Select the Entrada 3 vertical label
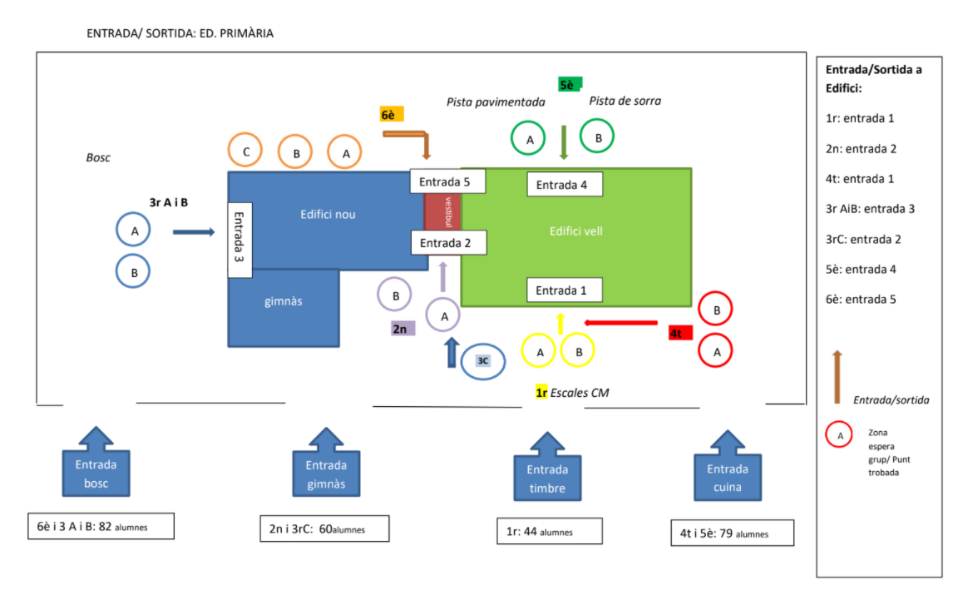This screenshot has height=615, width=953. point(239,240)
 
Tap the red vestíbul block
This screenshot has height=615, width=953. point(443,212)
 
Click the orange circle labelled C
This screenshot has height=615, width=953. point(245,151)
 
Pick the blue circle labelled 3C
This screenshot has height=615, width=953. point(483,361)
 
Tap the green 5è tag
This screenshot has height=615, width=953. point(569,84)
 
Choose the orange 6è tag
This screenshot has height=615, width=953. point(392,114)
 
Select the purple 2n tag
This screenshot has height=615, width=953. point(402,329)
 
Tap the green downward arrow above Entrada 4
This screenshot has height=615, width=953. point(564,141)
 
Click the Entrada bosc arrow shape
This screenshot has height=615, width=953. point(96,466)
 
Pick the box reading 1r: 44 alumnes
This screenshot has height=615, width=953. point(549,532)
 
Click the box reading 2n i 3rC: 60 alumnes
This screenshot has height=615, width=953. point(324,528)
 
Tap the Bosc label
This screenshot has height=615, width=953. point(98,157)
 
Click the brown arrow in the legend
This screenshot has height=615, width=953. point(837,378)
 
